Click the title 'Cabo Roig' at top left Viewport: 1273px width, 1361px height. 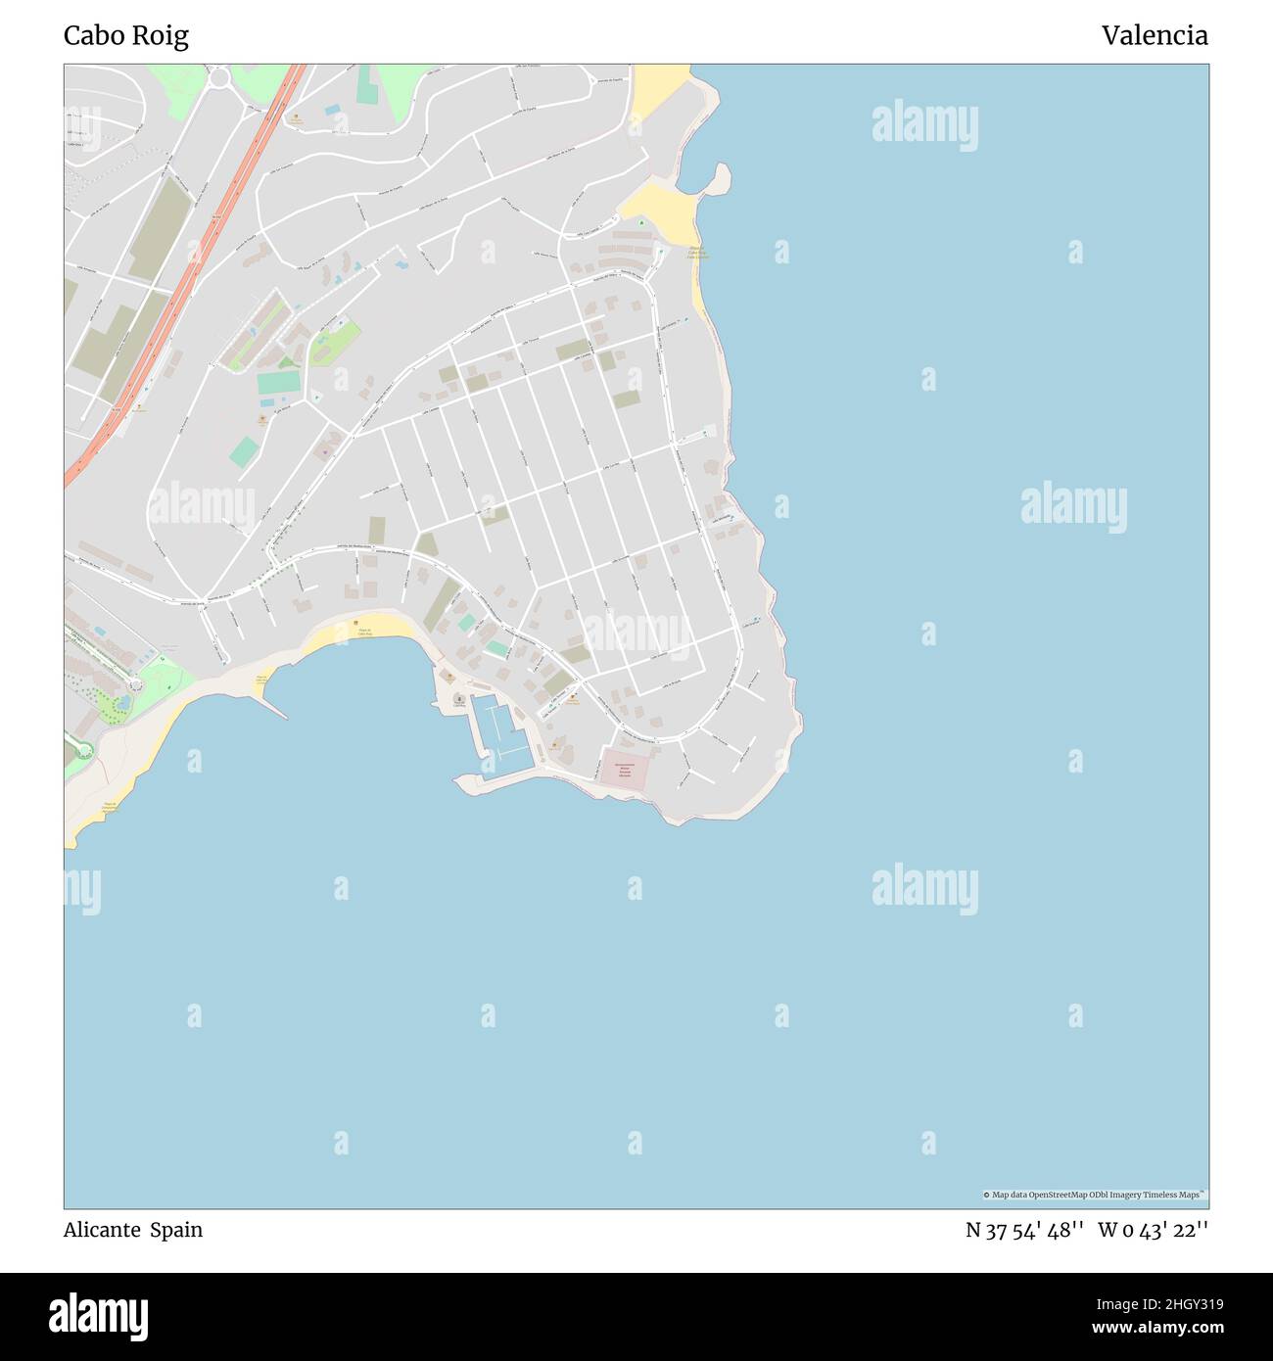coord(126,36)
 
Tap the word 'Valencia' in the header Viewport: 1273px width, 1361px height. coord(1154,36)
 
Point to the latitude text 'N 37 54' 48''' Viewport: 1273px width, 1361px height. coord(1023,1230)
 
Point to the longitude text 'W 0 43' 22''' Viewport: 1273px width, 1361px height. coord(1153,1230)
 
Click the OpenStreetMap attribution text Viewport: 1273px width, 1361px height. coord(1094,1195)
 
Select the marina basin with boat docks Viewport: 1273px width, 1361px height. coord(501,729)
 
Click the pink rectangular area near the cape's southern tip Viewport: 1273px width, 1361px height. coord(625,771)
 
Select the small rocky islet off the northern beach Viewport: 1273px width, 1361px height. coord(719,178)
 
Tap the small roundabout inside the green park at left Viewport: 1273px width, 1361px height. coord(134,686)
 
